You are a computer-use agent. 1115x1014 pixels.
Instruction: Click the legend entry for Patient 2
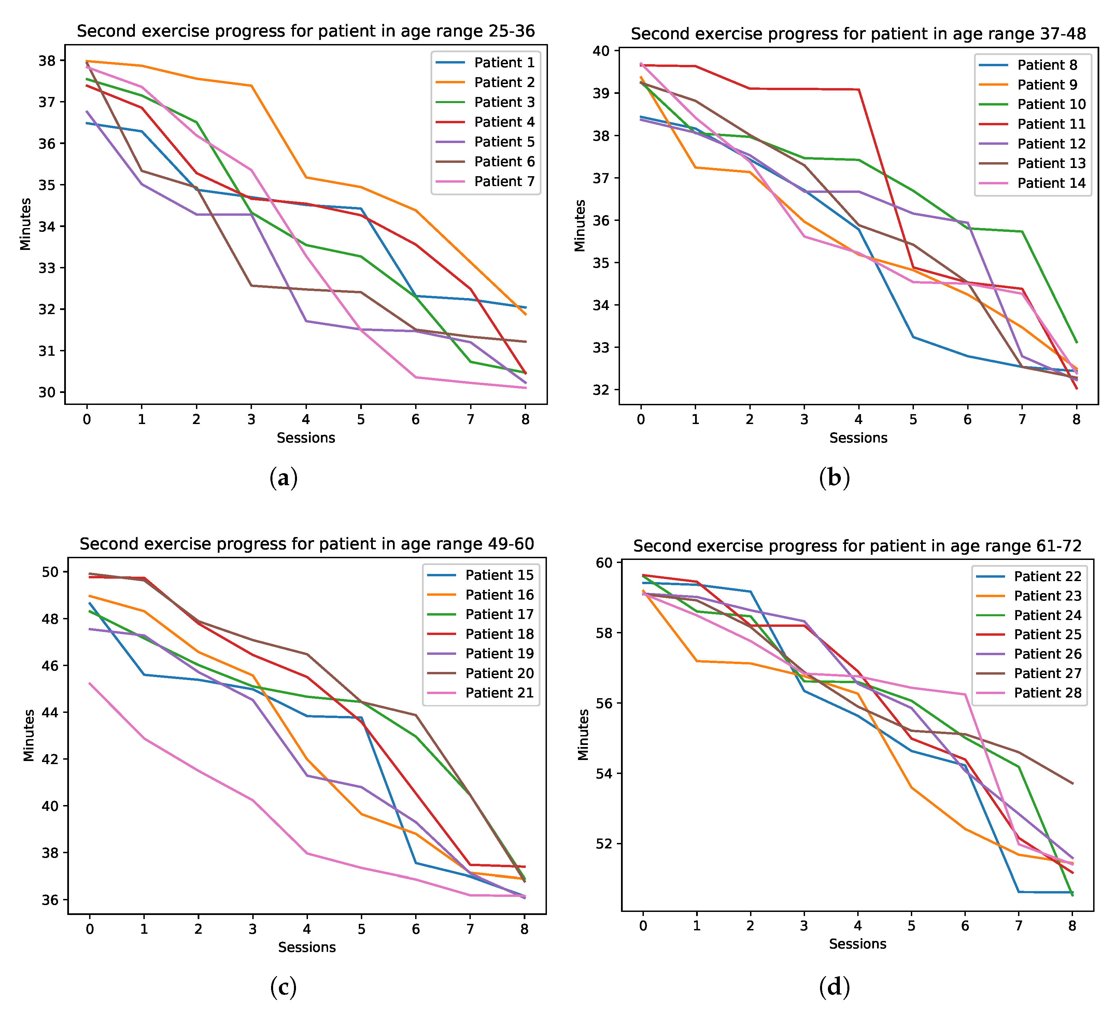[485, 82]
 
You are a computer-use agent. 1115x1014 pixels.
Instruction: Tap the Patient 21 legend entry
[480, 693]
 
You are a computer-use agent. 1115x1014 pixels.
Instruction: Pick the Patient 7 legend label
[485, 181]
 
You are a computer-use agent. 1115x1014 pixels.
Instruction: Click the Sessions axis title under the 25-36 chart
[306, 438]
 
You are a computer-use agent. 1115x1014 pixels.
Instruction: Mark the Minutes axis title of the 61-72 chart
[583, 735]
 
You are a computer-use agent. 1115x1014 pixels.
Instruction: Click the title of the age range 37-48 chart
[858, 34]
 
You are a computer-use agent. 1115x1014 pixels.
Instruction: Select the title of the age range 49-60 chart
[307, 544]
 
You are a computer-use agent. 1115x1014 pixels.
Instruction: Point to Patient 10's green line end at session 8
[1076, 342]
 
